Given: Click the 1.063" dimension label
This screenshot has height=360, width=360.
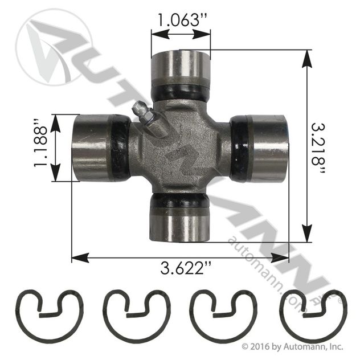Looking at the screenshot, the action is (182, 20).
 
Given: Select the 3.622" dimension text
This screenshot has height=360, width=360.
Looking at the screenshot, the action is (186, 268).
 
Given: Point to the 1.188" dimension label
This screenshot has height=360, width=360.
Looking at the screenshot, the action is (40, 144).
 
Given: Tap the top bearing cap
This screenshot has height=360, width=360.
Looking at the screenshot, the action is (181, 68).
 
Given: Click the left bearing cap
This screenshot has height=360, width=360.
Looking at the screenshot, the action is (92, 148).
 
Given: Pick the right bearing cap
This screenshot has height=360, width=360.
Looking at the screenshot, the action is (268, 149).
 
